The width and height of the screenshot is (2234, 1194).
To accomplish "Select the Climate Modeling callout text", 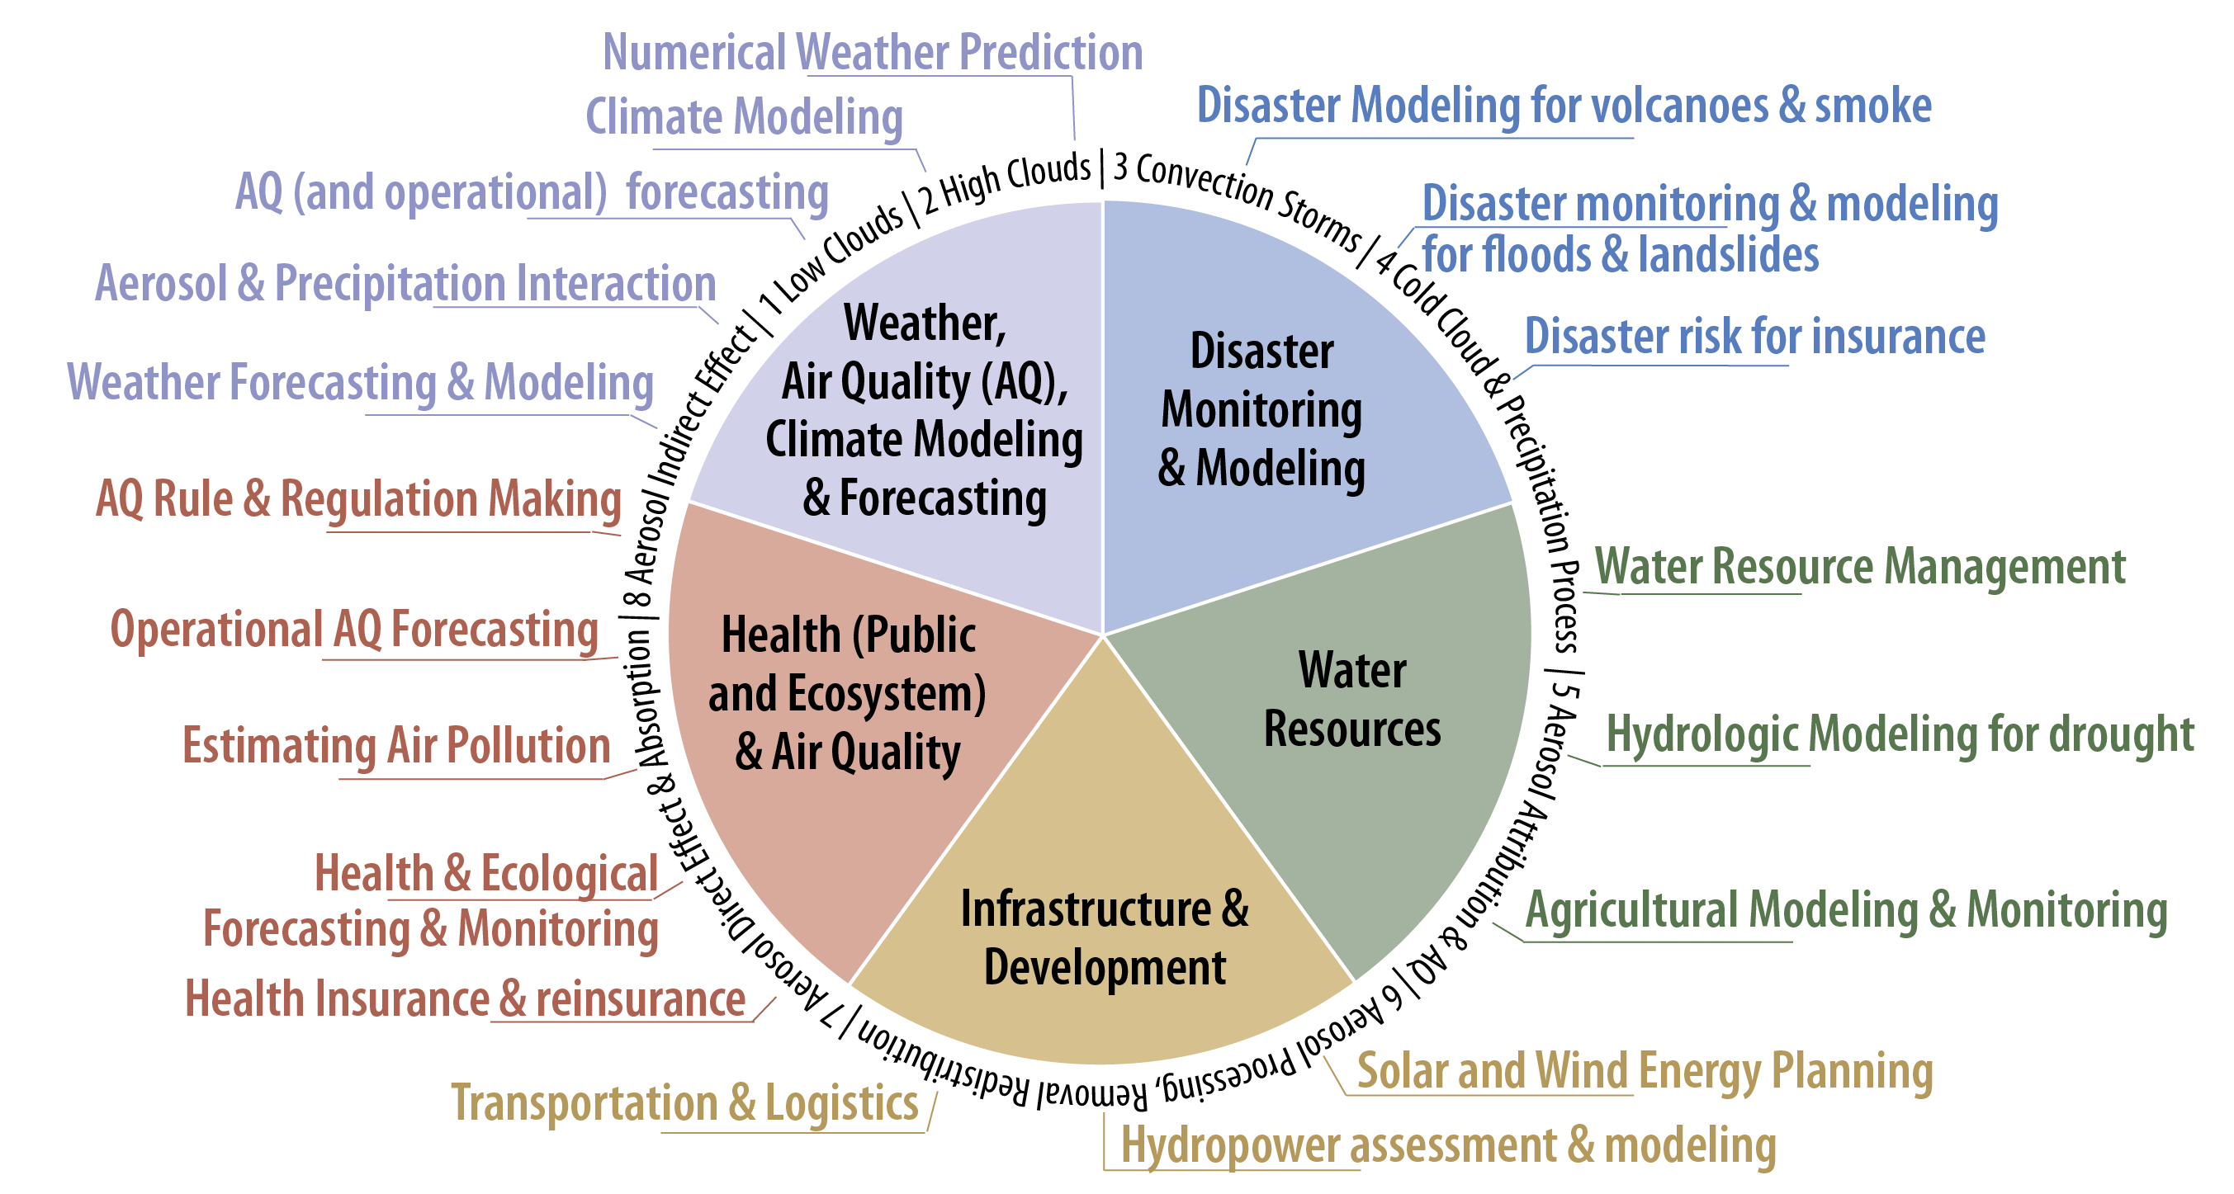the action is click(744, 116).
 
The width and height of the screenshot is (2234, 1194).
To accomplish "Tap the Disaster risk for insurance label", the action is click(1754, 336).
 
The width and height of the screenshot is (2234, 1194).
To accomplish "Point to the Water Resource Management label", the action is click(1860, 566).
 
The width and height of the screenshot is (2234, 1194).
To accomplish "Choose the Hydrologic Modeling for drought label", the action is click(1900, 735).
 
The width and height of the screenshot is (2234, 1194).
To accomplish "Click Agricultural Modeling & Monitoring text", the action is click(1846, 910).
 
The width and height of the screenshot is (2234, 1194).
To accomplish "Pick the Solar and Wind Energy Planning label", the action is click(1645, 1071).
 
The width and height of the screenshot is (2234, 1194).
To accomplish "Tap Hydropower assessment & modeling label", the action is click(1448, 1145).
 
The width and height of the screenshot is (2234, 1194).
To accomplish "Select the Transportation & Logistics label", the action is click(684, 1104).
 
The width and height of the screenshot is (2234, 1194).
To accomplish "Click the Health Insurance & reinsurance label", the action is click(465, 998).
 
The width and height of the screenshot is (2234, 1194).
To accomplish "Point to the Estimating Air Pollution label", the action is click(396, 746).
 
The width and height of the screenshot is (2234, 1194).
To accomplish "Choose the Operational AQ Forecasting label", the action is click(354, 630).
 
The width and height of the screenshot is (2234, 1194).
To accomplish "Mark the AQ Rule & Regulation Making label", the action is click(358, 499).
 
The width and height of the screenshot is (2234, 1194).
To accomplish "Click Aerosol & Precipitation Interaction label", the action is click(405, 284).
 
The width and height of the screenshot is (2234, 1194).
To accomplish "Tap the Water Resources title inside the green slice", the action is click(1352, 699).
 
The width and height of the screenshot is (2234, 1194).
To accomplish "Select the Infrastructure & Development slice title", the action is click(1105, 938).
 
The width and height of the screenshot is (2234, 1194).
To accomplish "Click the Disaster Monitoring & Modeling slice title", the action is click(1261, 410).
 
